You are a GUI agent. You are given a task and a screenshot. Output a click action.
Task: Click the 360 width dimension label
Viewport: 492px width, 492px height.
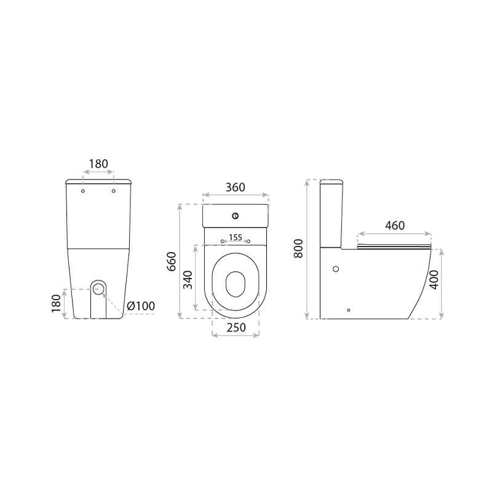[236, 188]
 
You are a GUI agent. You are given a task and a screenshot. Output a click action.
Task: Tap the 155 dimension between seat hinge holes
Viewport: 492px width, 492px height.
[236, 237]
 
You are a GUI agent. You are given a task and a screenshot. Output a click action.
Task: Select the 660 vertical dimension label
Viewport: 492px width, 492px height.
[172, 261]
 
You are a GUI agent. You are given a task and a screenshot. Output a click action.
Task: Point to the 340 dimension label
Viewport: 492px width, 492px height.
[188, 280]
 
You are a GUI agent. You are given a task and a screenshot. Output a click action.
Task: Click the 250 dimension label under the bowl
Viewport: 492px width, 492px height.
[236, 328]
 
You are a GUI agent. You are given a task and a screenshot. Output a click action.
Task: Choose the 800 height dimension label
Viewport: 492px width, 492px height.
[298, 248]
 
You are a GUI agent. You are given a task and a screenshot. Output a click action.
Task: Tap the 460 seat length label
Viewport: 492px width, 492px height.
[395, 226]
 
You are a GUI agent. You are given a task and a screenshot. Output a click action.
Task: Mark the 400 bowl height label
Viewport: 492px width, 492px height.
[434, 280]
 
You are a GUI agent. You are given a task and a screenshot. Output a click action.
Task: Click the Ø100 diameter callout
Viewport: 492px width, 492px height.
[141, 306]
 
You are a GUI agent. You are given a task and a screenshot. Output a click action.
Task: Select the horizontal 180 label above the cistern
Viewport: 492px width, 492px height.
[98, 164]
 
